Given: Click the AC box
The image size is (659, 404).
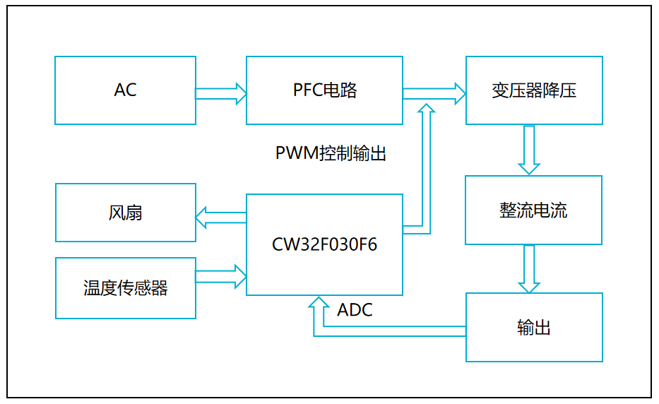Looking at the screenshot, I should coord(125,90).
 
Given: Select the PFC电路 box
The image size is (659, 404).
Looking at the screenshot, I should coord(324,90).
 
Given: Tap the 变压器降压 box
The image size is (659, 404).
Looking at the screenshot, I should coord(534,90).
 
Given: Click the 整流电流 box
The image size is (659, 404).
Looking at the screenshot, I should coord(533,210).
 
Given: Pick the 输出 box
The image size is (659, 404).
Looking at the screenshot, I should coord(533,328).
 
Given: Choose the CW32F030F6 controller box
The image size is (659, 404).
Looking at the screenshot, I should coord(324,244).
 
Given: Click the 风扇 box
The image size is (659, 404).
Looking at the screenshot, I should coord(125,213).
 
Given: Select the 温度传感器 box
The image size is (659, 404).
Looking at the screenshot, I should coord(125,288).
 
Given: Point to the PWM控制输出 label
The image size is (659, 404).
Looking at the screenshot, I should coord(331,153).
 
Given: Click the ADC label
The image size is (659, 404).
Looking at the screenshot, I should coord(355,310).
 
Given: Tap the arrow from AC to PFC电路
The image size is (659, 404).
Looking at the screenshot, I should coord(220,93).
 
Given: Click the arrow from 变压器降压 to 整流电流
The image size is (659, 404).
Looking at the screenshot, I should coord(529,150).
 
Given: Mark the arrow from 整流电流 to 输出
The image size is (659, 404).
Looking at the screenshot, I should coord(529,269).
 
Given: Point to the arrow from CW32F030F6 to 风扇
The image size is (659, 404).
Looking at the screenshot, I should coord(220,218).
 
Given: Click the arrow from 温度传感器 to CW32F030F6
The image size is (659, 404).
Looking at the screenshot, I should coord(220,276).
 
